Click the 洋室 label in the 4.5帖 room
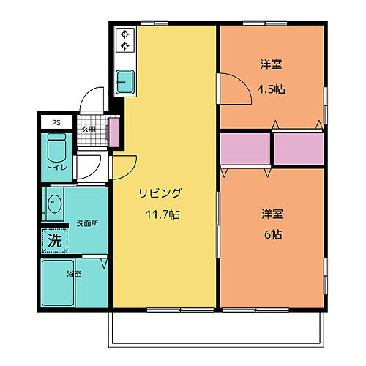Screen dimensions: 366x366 click(272, 64)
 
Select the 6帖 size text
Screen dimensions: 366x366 click(272, 235)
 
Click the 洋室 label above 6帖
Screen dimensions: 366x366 click(272, 214)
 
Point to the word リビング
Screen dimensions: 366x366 click(162, 194)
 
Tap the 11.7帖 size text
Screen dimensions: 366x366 click(162, 216)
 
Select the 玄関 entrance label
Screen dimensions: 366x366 click(88, 130)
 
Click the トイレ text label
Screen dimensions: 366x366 click(56, 168)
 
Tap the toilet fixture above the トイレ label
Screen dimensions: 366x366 click(56, 149)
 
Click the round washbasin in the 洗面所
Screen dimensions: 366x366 click(54, 205)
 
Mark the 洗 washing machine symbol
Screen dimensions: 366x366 click(54, 239)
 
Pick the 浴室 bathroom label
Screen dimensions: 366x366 click(73, 274)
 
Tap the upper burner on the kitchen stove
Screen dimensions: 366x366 click(124, 34)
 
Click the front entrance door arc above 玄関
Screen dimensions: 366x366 click(91, 99)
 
